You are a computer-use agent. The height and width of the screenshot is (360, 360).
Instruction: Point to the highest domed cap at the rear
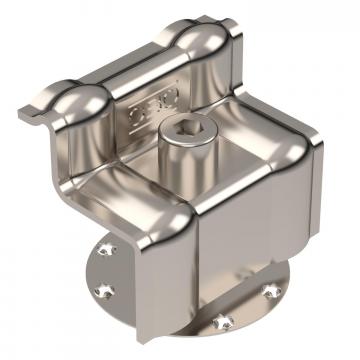point(205,34)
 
